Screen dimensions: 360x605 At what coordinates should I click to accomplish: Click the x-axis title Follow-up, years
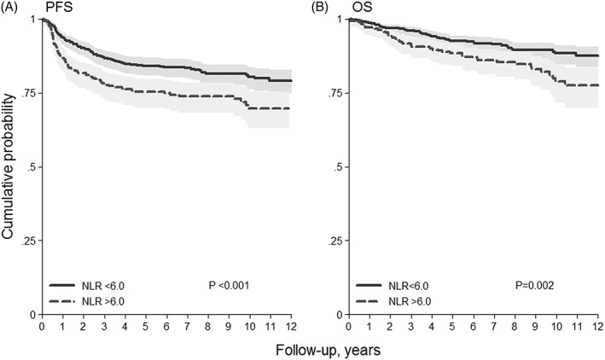pyautogui.click(x=322, y=350)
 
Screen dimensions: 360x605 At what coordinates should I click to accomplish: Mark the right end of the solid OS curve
pyautogui.click(x=597, y=55)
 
